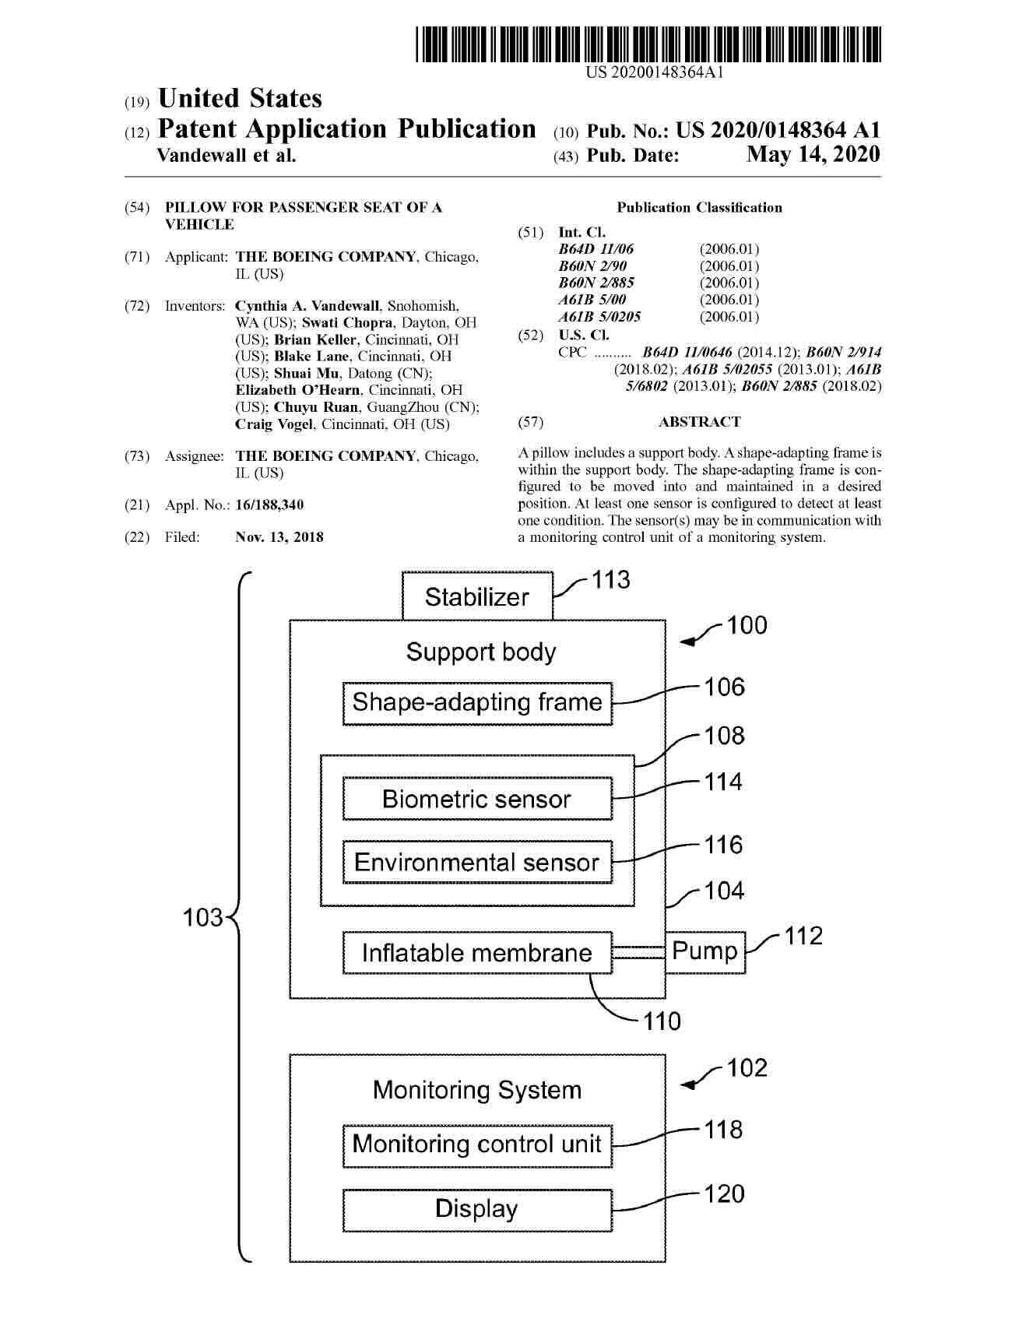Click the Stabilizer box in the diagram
(476, 597)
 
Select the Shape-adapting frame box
(477, 703)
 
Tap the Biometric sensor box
(477, 800)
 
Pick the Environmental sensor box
(477, 863)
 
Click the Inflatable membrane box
(477, 953)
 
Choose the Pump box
(705, 951)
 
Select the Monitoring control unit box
(477, 1144)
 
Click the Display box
(477, 1209)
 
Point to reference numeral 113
(610, 580)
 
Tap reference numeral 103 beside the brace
(202, 918)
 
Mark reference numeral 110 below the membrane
(662, 1021)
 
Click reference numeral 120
(724, 1194)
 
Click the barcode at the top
(648, 44)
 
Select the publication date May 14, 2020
(813, 155)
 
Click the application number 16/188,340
(269, 505)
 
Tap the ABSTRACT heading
(699, 422)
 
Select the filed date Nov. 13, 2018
(279, 537)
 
